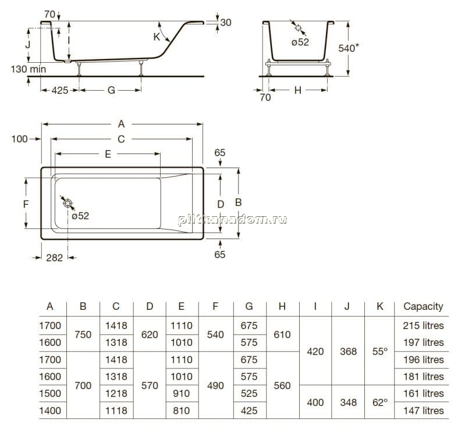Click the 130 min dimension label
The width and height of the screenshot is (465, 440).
tap(29, 69)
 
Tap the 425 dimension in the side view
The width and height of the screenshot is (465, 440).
tap(60, 90)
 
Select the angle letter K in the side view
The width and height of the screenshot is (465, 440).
tap(157, 37)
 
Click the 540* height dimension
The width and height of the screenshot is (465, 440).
tap(349, 48)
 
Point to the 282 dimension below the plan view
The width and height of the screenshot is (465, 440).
tap(55, 258)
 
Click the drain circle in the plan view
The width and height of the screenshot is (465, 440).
tap(68, 203)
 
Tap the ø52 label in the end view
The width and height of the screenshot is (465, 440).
tap(300, 42)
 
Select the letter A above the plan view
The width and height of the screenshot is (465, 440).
tap(121, 124)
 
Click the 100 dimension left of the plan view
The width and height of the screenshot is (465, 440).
tap(20, 139)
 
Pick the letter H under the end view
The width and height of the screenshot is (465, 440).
tap(298, 90)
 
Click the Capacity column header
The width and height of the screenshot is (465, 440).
tap(423, 306)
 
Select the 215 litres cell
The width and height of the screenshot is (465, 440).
tap(423, 325)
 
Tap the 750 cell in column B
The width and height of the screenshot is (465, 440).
tap(83, 335)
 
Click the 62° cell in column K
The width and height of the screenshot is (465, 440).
tap(380, 402)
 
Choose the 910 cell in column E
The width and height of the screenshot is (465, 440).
tap(181, 394)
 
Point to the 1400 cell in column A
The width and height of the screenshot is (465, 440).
tap(50, 411)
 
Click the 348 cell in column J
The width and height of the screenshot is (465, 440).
tap(348, 402)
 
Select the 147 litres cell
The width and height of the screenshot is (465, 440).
tap(424, 411)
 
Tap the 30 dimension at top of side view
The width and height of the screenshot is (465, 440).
tap(226, 23)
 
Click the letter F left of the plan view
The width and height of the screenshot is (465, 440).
tap(26, 204)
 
